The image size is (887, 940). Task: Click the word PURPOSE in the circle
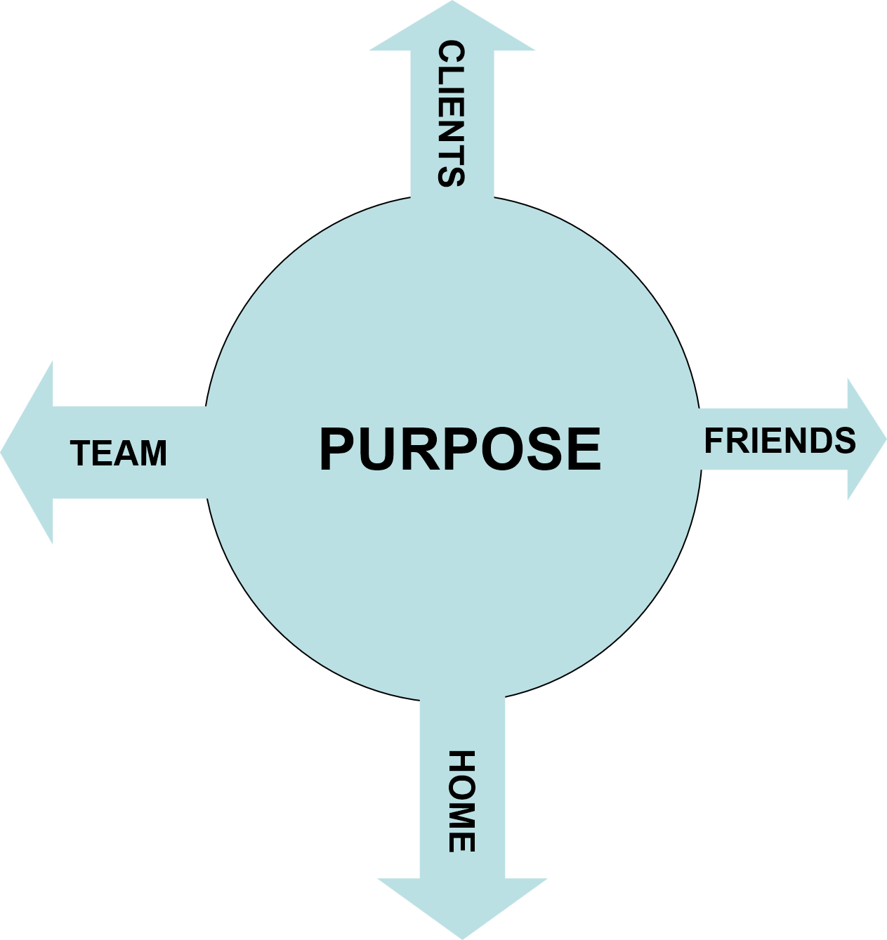[x=460, y=449]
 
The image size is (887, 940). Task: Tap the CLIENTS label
[x=451, y=114]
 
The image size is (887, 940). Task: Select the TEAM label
[x=119, y=454]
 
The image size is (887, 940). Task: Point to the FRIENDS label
[x=780, y=441]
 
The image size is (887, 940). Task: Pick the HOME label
[x=461, y=801]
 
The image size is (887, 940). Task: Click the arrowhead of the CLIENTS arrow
[x=452, y=28]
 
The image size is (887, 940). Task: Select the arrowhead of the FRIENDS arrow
[x=865, y=439]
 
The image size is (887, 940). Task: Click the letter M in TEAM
[x=152, y=454]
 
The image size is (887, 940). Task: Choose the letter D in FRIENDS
[x=820, y=441]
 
